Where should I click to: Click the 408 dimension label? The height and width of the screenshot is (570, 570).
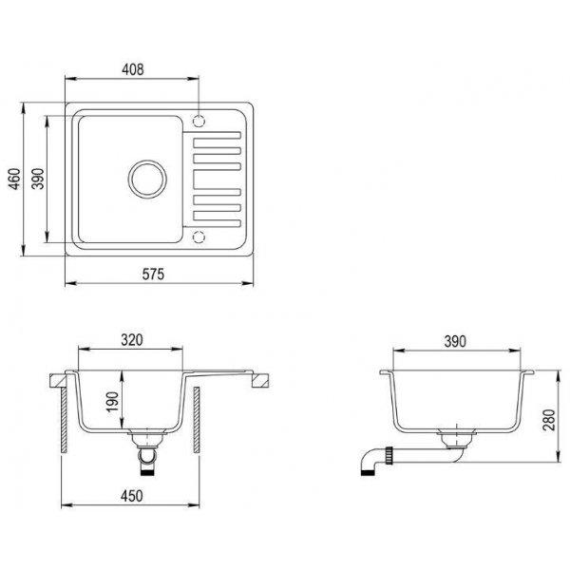tap(133, 69)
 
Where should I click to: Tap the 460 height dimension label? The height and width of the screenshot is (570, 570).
tap(15, 179)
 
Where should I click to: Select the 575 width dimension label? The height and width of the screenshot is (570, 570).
tap(153, 275)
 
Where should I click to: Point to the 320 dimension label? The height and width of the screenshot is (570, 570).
tap(132, 340)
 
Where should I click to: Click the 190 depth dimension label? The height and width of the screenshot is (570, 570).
tap(113, 402)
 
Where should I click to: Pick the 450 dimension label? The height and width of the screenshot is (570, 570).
tap(132, 496)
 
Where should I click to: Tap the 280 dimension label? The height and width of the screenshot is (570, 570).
tap(549, 420)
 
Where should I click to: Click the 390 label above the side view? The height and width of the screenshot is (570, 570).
tap(455, 341)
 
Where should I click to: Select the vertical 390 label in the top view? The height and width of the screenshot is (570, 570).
tap(38, 179)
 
